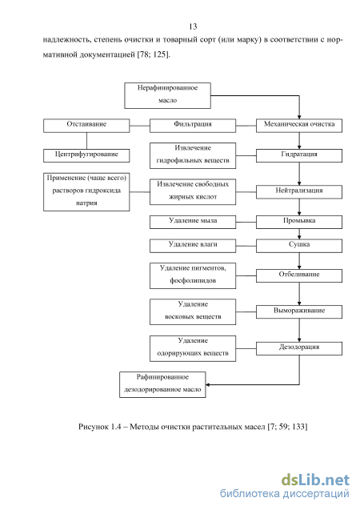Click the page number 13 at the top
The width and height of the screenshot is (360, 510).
point(193,26)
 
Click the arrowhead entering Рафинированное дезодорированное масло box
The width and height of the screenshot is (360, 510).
point(207,385)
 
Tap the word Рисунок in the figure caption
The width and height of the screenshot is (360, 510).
point(94,427)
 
